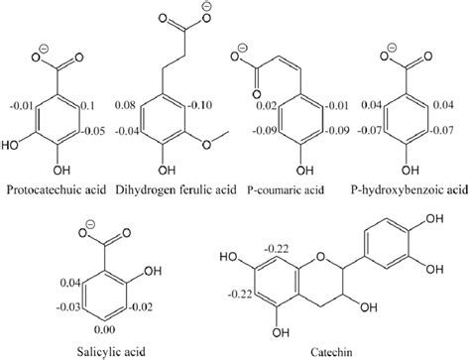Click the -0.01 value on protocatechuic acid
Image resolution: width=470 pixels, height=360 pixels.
click(20, 103)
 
